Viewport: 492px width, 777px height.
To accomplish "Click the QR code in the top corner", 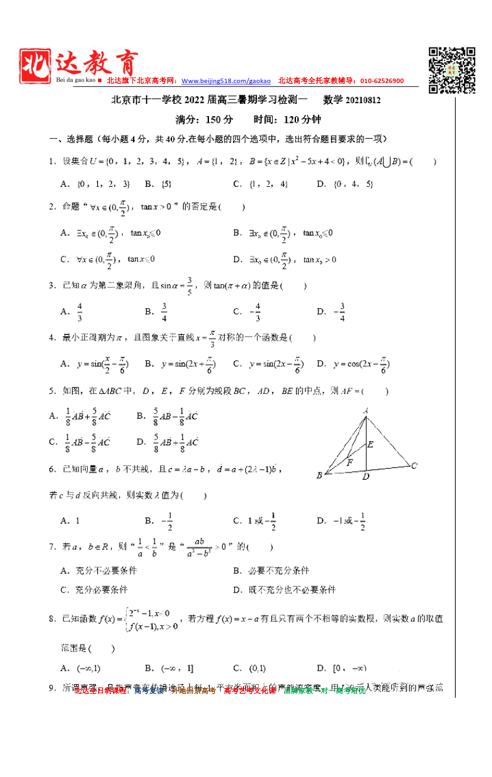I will point(452,70).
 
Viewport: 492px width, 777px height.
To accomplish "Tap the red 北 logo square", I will point(34,66).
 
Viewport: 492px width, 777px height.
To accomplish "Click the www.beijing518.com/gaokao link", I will point(227,81).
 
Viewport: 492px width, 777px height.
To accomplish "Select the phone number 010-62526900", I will point(378,81).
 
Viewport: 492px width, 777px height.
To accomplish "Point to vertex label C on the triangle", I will point(413,465).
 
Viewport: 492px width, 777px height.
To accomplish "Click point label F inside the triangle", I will point(349,463).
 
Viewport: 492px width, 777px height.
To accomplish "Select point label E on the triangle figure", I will point(370,445).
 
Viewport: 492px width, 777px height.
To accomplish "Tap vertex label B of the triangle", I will point(319,476).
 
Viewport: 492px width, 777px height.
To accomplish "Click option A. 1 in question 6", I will point(70,521).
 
